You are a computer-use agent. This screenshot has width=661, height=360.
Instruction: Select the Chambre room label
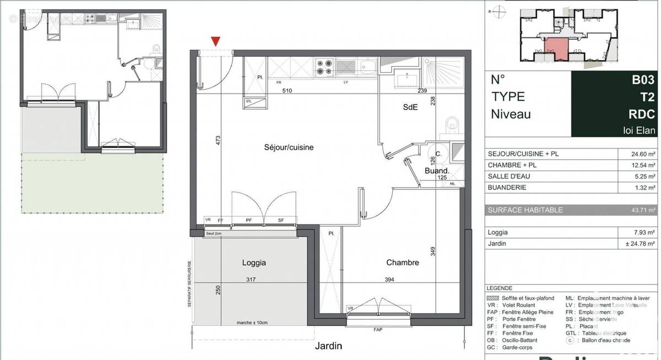[402, 263]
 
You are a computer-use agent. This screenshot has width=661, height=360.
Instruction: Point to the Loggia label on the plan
[254, 263]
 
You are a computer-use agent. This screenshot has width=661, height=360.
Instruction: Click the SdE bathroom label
[410, 108]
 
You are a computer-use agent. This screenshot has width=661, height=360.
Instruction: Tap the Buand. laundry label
[436, 171]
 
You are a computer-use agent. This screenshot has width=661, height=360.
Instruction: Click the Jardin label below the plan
[328, 346]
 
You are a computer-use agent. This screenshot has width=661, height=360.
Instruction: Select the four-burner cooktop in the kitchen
[324, 67]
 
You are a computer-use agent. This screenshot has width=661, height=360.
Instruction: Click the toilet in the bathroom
[453, 125]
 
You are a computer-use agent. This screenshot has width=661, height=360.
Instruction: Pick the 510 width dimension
[286, 91]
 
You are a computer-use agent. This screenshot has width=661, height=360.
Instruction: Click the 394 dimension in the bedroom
[389, 280]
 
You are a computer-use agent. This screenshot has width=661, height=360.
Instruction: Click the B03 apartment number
[643, 80]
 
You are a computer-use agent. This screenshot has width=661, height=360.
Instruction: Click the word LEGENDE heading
[500, 288]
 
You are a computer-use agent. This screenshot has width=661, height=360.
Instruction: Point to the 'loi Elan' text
[639, 130]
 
